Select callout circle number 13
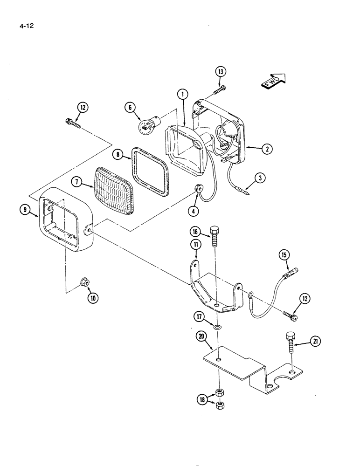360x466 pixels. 221,71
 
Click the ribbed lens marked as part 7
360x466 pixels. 115,189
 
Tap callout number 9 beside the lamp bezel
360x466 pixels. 25,210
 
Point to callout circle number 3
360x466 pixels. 260,177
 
